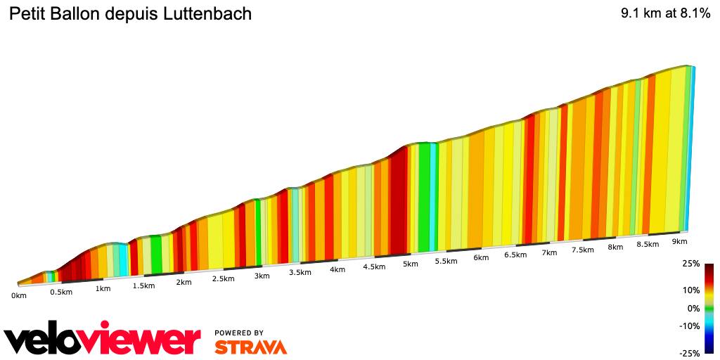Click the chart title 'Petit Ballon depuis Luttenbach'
pyautogui.click(x=130, y=14)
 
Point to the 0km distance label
pyautogui.click(x=19, y=295)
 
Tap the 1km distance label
pyautogui.click(x=103, y=288)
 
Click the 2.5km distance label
pyautogui.click(x=223, y=278)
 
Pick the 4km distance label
pyautogui.click(x=337, y=269)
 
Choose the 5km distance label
pyautogui.click(x=411, y=264)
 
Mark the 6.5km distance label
pyautogui.click(x=515, y=255)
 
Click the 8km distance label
pyautogui.click(x=615, y=247)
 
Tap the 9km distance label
pyautogui.click(x=679, y=241)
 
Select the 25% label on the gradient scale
pyautogui.click(x=692, y=264)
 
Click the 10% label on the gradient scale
pyautogui.click(x=692, y=290)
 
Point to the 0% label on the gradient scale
pyautogui.click(x=694, y=308)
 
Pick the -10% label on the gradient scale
pyautogui.click(x=690, y=326)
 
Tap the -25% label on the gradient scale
pyautogui.click(x=690, y=353)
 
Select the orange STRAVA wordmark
pyautogui.click(x=250, y=347)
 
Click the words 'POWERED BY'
pyautogui.click(x=239, y=333)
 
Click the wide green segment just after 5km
pyautogui.click(x=424, y=197)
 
